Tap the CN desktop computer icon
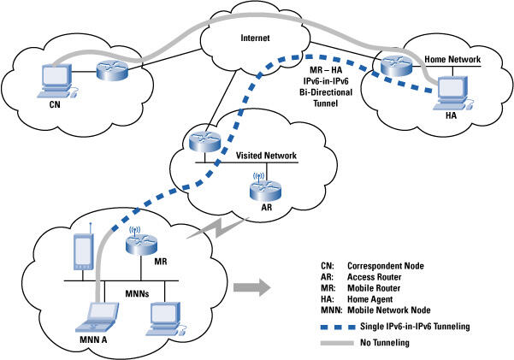click(55, 78)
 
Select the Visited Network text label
click(265, 156)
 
